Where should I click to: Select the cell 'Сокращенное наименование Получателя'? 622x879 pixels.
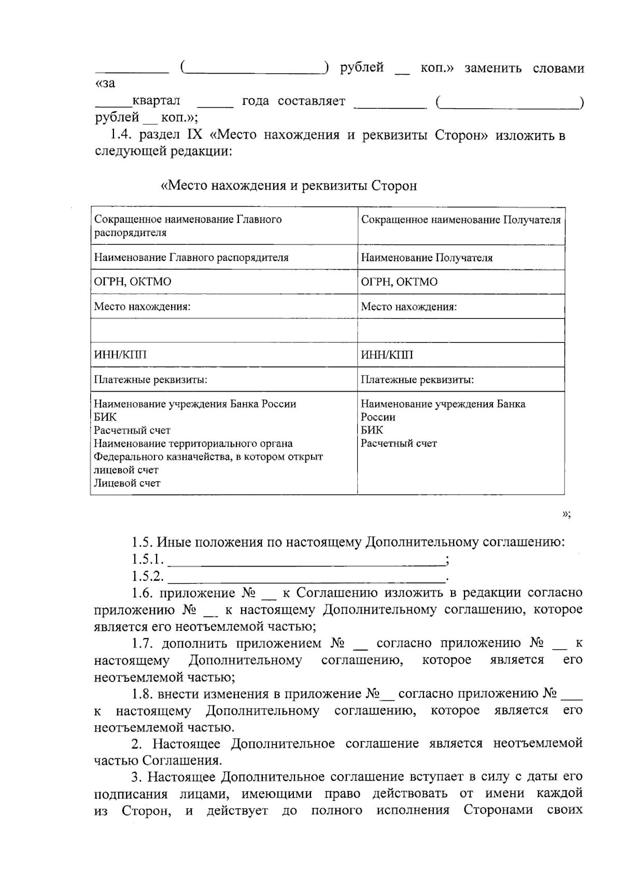460,220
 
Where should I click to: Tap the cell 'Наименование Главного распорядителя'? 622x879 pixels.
191,257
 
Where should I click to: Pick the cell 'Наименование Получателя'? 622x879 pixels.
426,257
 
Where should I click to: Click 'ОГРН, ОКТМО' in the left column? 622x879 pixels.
132,282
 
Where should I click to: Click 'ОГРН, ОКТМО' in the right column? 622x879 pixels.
399,282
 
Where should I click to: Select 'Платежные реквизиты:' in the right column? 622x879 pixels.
417,380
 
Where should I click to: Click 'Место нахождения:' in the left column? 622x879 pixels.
142,307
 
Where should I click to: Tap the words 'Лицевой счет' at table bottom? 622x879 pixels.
127,483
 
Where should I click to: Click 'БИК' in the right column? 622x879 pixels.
372,430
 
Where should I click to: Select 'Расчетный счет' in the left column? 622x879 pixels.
132,430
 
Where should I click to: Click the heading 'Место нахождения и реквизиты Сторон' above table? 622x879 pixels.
289,186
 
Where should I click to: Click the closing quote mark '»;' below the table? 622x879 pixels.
566,514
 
